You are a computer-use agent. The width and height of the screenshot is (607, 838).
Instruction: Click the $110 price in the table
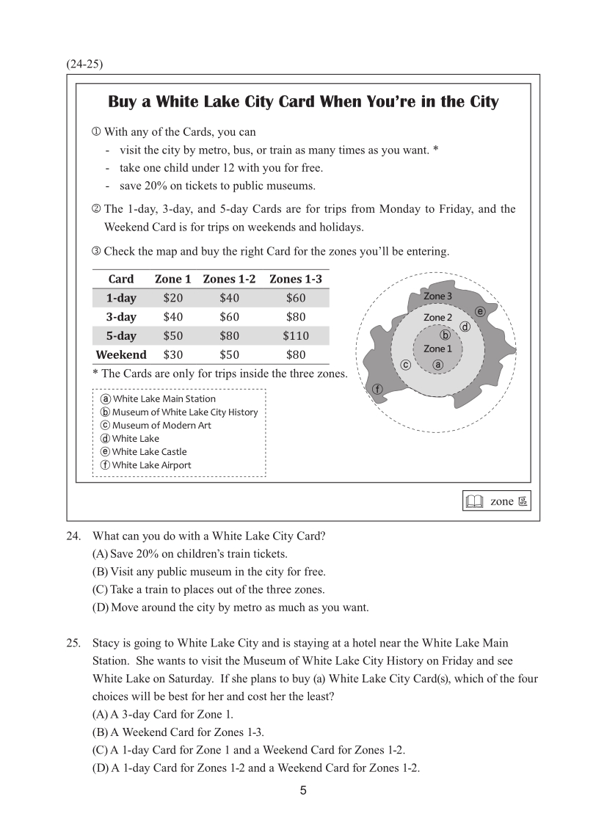(x=296, y=336)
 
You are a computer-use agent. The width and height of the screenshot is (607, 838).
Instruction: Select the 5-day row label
(x=121, y=336)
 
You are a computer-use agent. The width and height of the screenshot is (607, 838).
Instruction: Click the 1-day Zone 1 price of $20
(x=173, y=298)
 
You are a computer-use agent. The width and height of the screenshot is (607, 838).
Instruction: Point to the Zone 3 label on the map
(x=437, y=296)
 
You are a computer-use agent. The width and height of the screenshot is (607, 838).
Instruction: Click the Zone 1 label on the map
(x=437, y=349)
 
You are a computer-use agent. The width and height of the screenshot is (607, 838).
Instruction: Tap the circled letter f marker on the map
(x=378, y=389)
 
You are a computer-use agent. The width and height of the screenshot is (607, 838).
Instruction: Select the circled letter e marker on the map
(x=480, y=311)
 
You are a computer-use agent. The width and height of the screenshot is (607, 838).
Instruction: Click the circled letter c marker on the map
(x=404, y=365)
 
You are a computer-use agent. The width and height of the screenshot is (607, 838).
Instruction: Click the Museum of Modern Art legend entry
(x=156, y=426)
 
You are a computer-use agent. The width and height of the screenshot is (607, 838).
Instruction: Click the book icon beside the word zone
(x=475, y=502)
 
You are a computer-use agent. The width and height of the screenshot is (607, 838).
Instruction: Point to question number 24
(x=73, y=536)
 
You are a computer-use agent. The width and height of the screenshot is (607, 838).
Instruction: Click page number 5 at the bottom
(x=303, y=791)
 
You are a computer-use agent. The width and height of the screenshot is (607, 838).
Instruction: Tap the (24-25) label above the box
(x=84, y=64)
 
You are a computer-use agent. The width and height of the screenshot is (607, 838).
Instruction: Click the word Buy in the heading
(x=123, y=102)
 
